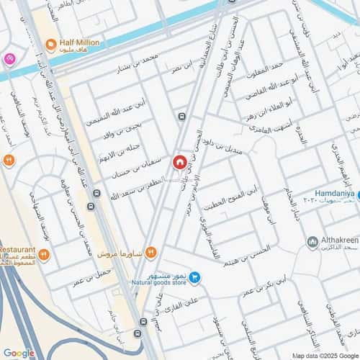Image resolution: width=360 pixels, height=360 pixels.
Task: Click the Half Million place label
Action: click(81, 43)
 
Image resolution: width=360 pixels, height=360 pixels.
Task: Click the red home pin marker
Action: click(179, 163)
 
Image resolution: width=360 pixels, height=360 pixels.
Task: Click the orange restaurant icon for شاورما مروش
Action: click(150, 251)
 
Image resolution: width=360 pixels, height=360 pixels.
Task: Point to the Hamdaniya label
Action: click(338, 194)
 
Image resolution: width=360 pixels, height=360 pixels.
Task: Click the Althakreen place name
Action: click(337, 241)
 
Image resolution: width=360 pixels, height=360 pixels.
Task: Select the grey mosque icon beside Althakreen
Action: click(312, 241)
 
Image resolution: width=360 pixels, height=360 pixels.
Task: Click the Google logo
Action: click(18, 353)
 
